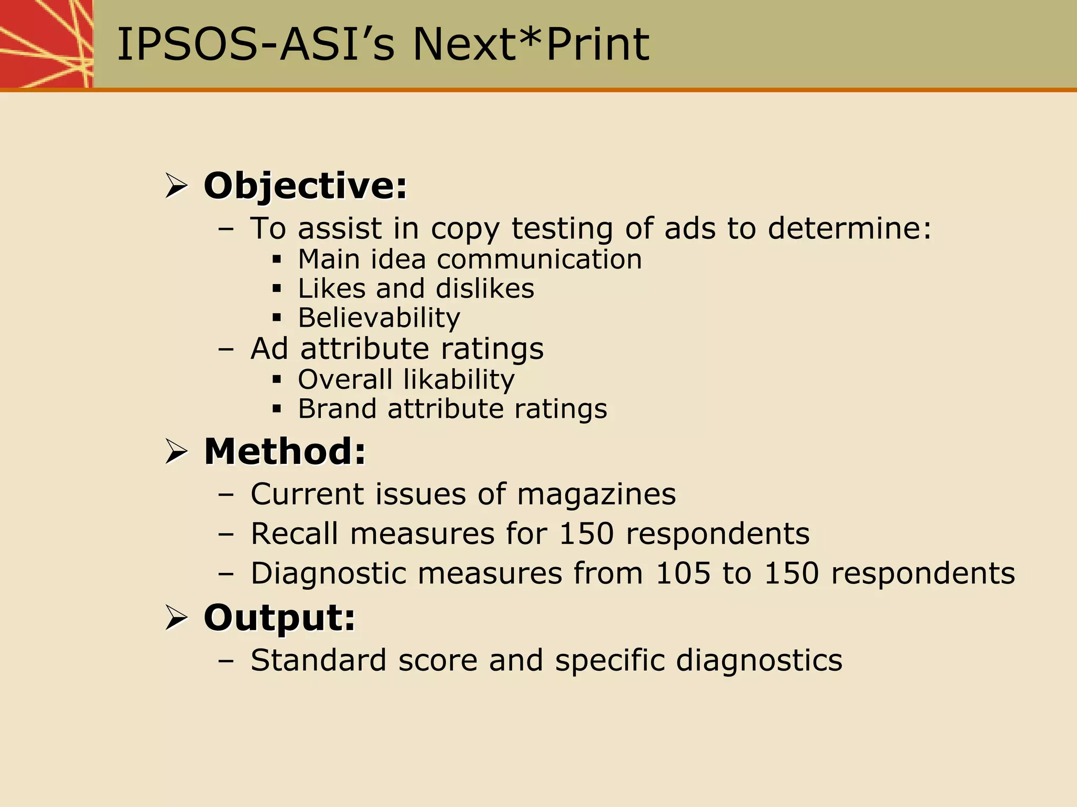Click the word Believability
point(379,318)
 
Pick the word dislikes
point(485,288)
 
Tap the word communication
point(540,259)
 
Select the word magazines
point(596,494)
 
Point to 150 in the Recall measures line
point(586,533)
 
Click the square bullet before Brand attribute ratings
point(277,409)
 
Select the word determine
point(849,228)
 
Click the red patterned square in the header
point(46,44)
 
